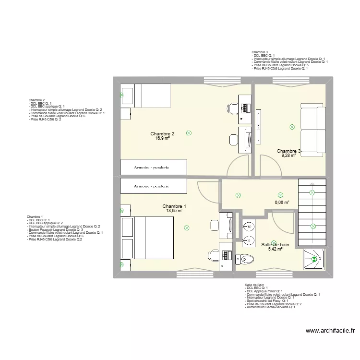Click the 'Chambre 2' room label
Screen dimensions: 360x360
click(162, 133)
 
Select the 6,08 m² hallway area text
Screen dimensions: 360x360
click(282, 203)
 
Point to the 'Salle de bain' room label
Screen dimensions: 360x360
click(275, 244)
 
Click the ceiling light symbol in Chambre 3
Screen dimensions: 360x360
click(291, 127)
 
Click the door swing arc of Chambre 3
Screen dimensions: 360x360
click(269, 166)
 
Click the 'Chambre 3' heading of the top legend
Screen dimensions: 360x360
click(260, 52)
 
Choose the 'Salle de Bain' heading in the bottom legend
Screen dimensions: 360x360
click(254, 285)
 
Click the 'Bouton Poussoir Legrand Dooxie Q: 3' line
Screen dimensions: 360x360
click(59, 230)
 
